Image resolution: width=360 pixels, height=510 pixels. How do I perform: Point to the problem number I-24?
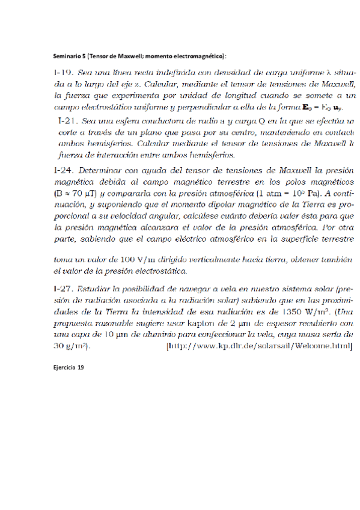tap(63, 170)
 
